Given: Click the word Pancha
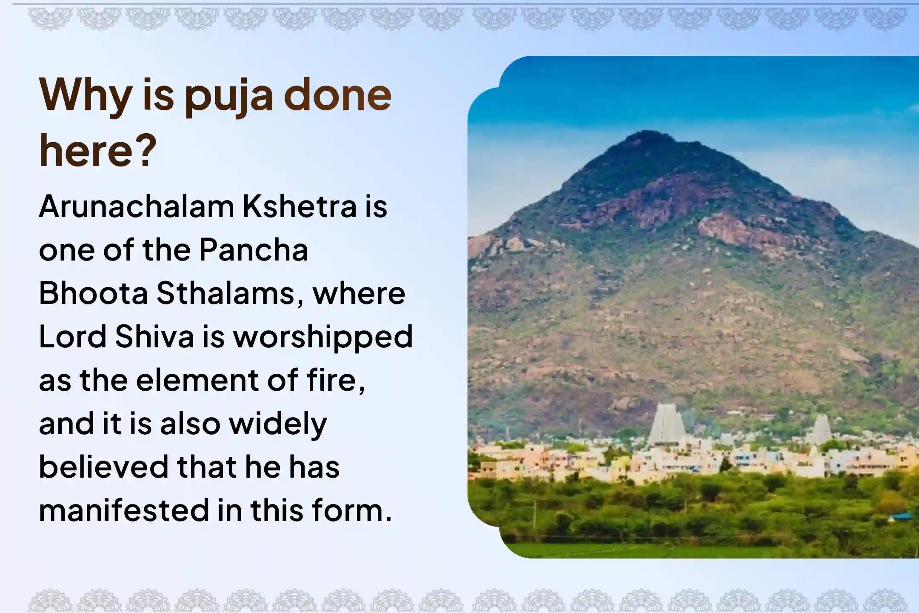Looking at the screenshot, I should pyautogui.click(x=254, y=250).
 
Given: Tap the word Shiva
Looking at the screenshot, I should pyautogui.click(x=154, y=337).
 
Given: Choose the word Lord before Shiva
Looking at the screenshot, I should pyautogui.click(x=73, y=337).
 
